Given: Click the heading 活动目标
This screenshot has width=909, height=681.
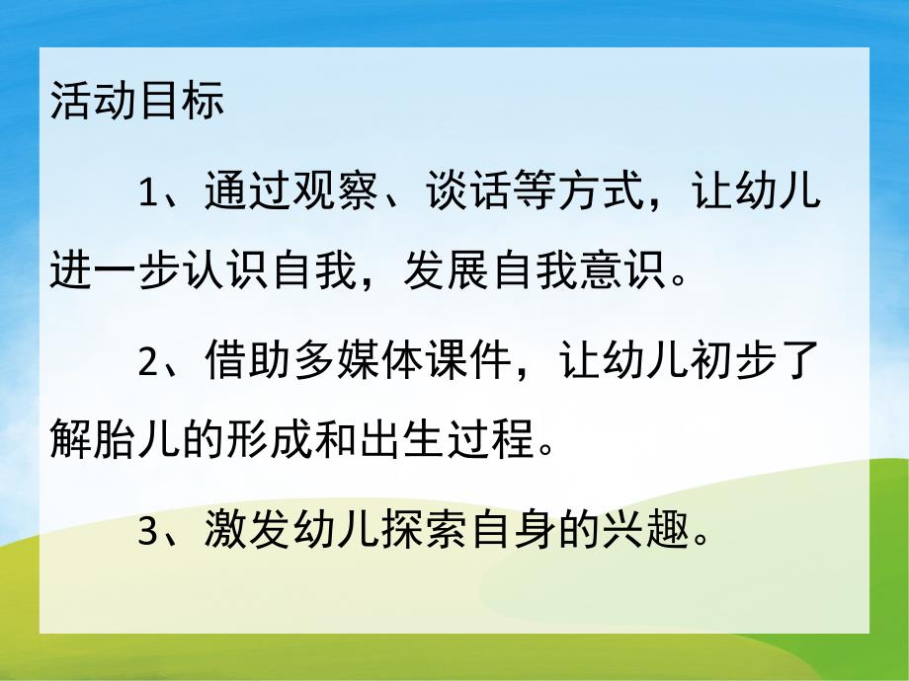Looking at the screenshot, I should [x=137, y=103].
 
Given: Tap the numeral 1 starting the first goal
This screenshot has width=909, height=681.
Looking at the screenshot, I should [x=148, y=191].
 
